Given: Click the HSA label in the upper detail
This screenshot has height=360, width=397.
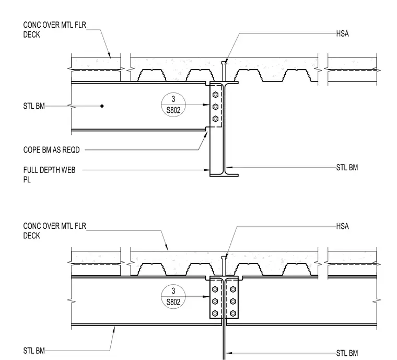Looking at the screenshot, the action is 342,33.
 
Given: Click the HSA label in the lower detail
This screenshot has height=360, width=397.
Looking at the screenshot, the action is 342,226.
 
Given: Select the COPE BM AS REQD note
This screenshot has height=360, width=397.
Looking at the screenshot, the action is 51,150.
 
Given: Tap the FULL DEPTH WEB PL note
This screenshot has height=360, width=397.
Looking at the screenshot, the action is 49,175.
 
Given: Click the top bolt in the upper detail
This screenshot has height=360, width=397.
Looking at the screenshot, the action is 215,95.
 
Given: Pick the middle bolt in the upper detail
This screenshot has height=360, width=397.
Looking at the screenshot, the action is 215,107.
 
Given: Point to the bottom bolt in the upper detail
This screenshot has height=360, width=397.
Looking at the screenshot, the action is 215,119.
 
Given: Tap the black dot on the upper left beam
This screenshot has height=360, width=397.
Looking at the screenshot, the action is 102,106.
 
